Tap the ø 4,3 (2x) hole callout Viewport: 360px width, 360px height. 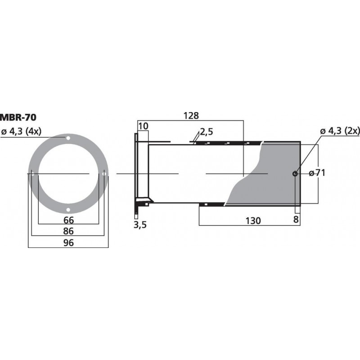click(x=340, y=131)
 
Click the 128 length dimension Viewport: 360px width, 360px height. click(x=191, y=116)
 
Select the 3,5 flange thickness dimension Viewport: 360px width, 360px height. click(x=140, y=225)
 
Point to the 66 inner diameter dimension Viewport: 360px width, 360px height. click(x=68, y=220)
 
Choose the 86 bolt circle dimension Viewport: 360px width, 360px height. click(x=68, y=232)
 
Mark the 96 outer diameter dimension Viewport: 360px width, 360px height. click(x=68, y=243)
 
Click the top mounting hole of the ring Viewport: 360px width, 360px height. click(x=68, y=138)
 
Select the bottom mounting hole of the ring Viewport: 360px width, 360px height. click(x=68, y=210)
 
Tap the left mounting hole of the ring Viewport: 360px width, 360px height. click(x=33, y=174)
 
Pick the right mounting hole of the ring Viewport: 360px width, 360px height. click(x=104, y=174)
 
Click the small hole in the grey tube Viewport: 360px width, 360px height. click(x=295, y=174)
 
